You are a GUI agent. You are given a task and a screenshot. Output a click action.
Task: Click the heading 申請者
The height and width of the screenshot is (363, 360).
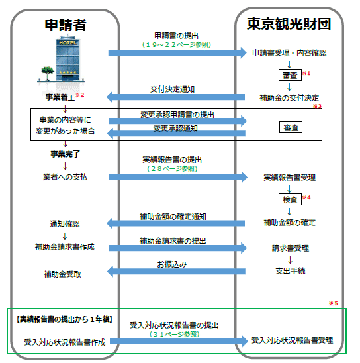tap(66, 25)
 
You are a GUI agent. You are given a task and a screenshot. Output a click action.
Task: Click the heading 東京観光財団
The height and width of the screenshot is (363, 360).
tap(289, 24)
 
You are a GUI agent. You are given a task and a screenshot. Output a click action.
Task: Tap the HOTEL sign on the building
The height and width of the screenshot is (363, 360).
tap(67, 43)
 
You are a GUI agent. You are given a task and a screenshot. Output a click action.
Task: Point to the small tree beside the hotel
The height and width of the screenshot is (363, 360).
tap(48, 73)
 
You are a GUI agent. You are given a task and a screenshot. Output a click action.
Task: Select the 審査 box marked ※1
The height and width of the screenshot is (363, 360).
tap(290, 75)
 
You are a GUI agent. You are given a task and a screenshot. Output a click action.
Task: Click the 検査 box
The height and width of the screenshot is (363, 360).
tap(290, 199)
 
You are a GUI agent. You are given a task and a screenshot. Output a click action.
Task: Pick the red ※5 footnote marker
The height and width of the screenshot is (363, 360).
tap(333, 303)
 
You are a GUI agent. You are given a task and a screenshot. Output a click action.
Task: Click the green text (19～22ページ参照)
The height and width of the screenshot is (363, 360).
tap(177, 44)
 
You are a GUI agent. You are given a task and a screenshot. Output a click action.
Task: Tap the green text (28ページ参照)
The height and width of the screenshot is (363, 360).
tap(172, 168)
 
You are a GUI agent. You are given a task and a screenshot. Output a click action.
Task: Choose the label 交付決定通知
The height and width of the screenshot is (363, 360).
tap(172, 89)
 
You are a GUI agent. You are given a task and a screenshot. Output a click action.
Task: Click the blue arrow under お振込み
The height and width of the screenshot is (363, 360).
tap(176, 272)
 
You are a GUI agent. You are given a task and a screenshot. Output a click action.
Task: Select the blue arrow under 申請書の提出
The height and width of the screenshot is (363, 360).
tap(177, 53)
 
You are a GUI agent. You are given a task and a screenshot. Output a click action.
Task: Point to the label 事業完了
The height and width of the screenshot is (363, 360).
tap(66, 154)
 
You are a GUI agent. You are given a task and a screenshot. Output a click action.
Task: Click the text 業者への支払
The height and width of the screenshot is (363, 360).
tap(66, 177)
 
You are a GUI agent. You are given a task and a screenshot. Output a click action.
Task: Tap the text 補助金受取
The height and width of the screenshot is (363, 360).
tap(62, 274)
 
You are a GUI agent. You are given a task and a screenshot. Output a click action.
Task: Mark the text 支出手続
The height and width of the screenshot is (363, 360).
tap(291, 271)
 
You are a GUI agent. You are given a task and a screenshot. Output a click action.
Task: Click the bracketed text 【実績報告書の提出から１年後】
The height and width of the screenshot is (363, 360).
tap(65, 319)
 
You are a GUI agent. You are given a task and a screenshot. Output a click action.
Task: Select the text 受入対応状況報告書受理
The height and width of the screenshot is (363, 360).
tap(292, 340)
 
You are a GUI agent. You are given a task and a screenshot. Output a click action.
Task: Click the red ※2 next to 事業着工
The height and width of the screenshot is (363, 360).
tap(80, 95)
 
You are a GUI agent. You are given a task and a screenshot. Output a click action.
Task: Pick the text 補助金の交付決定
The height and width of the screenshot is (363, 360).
tap(289, 98)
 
